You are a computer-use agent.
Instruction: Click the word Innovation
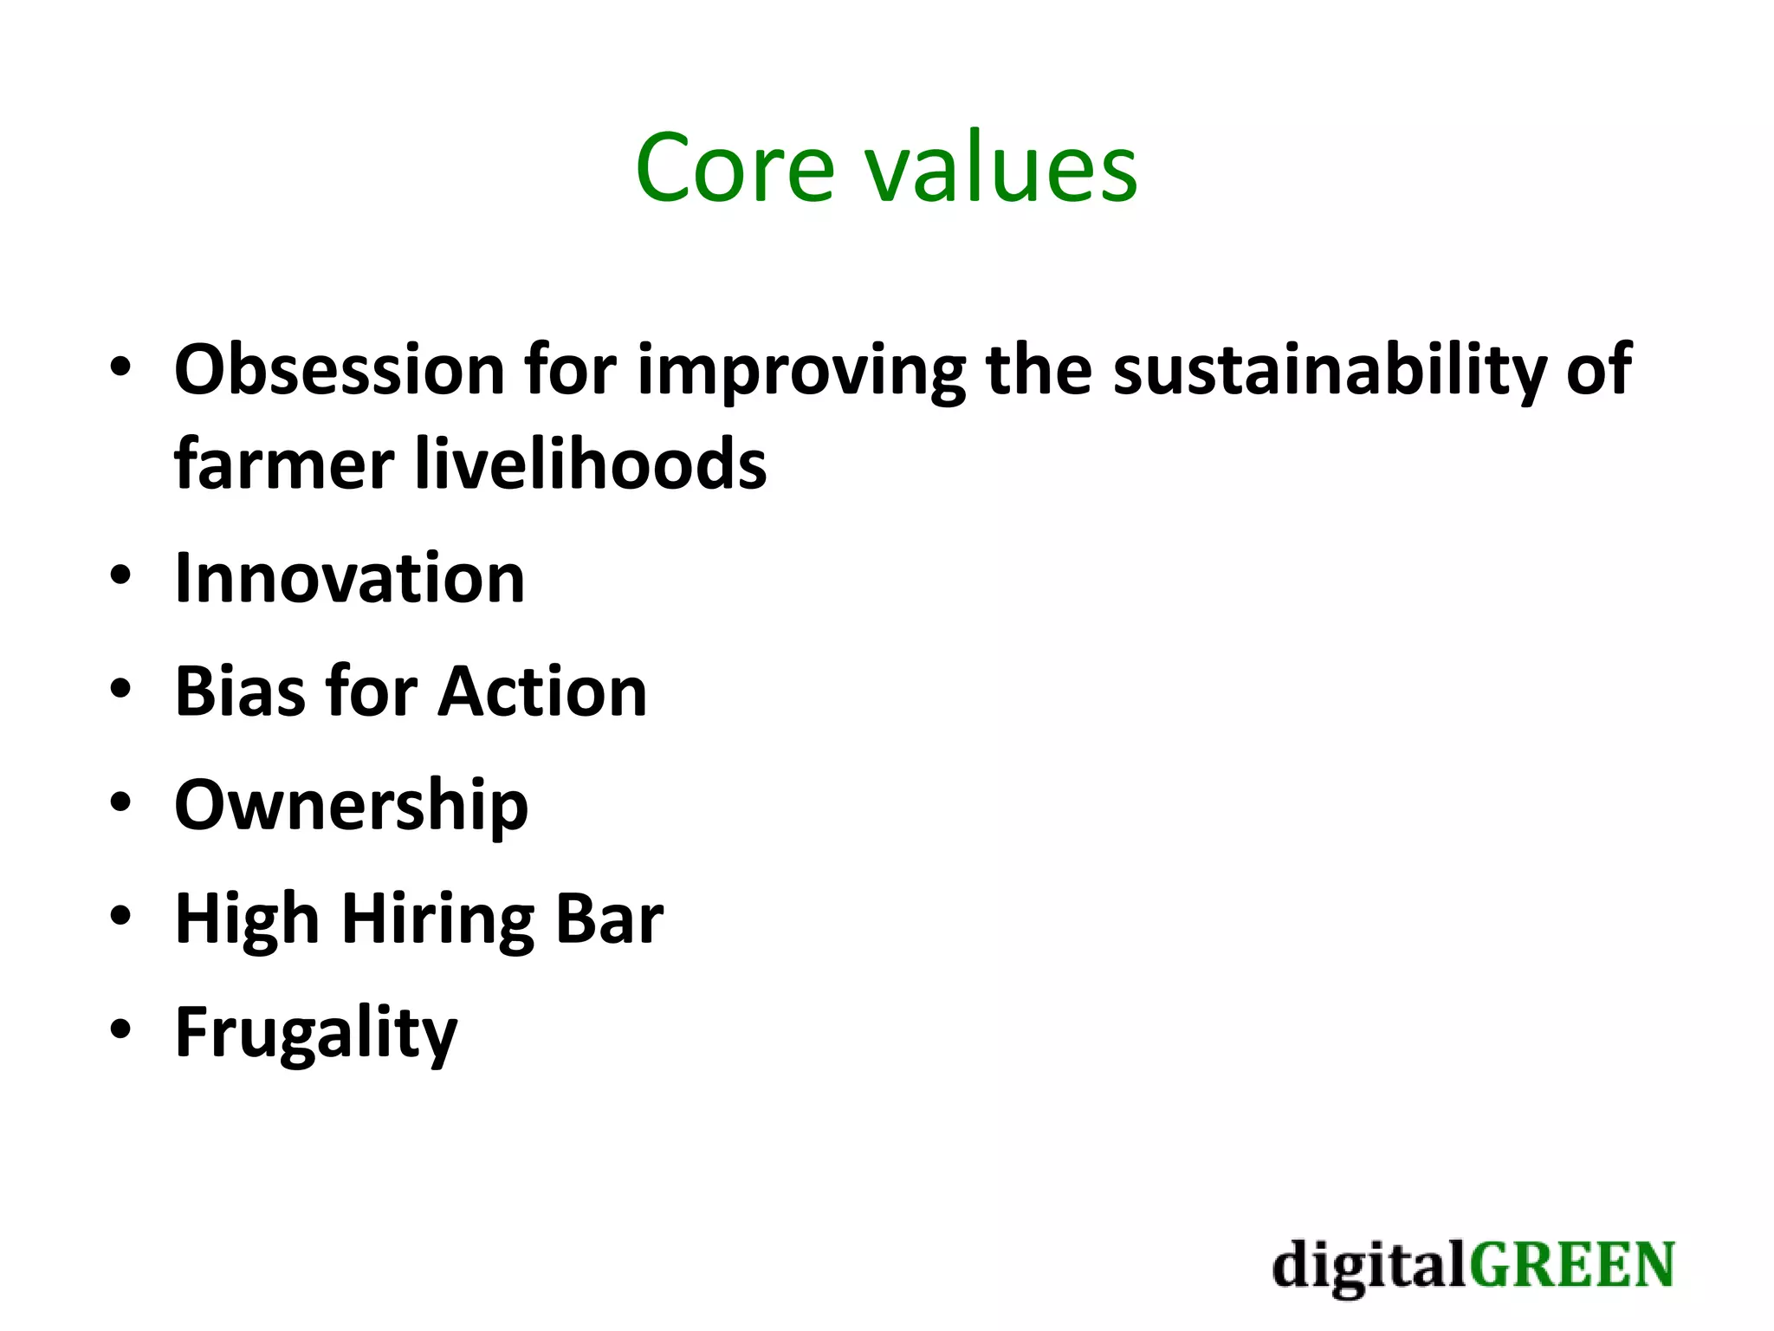tap(350, 578)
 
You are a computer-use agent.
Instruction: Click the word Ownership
tap(351, 806)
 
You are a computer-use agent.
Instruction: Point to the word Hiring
tap(438, 919)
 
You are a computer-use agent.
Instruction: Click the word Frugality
tap(316, 1033)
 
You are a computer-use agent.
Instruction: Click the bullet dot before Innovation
tap(120, 575)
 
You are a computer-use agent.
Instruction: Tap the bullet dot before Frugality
tap(120, 1029)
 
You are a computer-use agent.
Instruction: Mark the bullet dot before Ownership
tap(120, 802)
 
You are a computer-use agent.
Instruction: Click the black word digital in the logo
tap(1369, 1266)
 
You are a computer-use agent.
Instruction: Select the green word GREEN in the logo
tap(1571, 1266)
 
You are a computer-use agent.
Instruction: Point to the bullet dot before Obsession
tap(120, 367)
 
